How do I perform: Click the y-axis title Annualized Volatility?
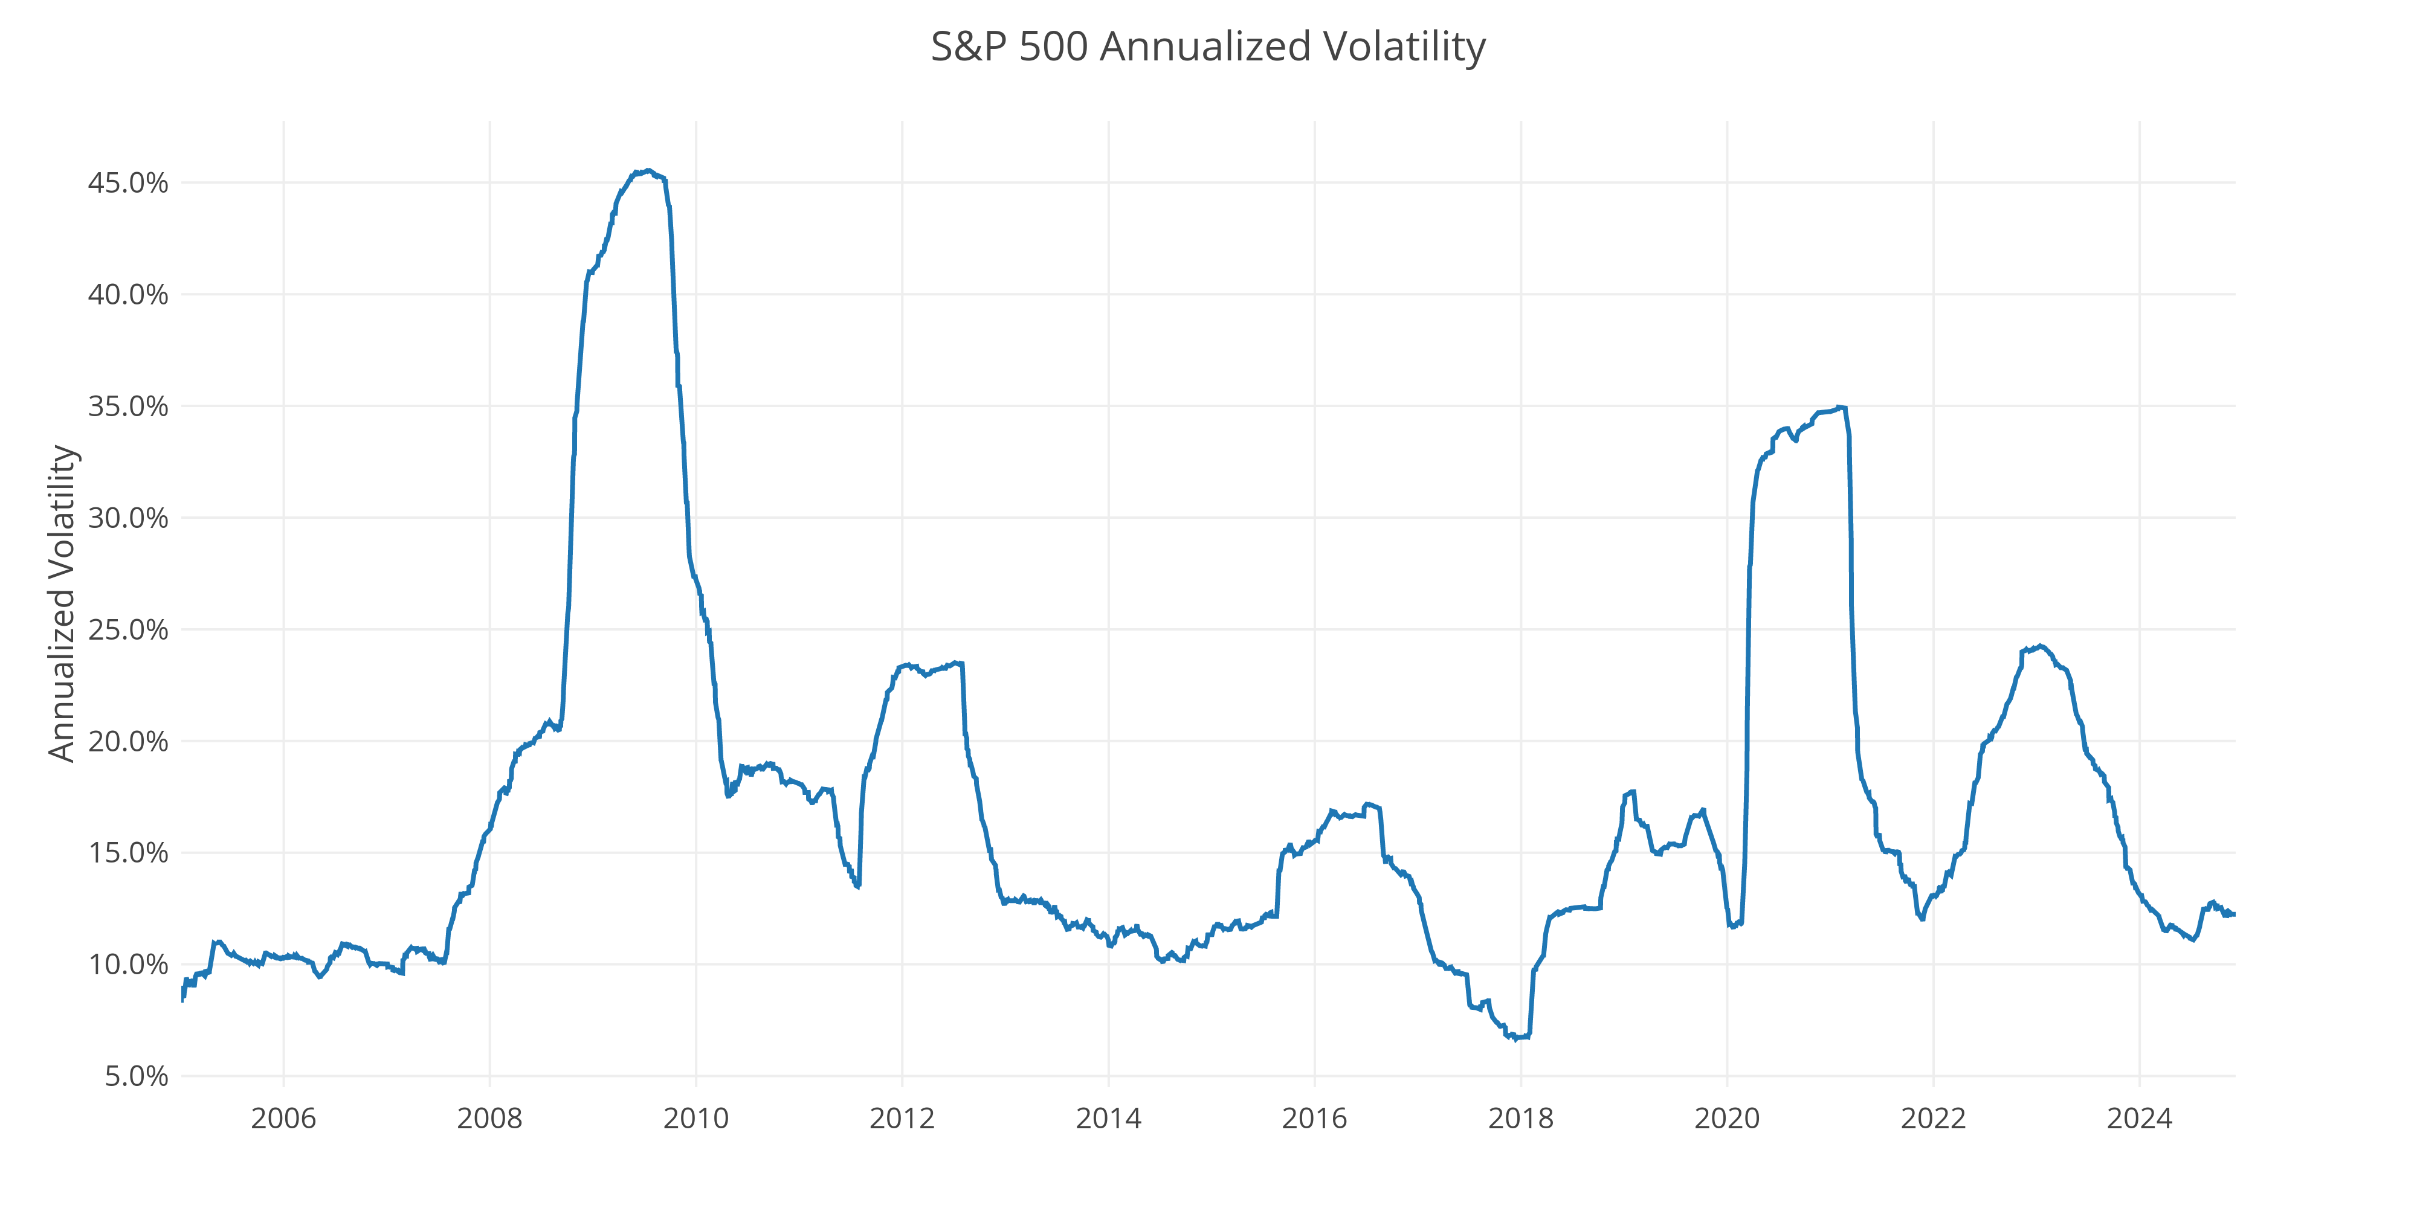(62, 603)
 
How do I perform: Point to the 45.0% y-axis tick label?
(127, 183)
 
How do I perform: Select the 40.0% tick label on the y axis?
(127, 295)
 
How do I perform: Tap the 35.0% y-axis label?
(127, 406)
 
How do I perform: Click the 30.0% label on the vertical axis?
(127, 518)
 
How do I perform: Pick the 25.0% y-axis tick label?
(127, 629)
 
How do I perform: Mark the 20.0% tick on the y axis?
(127, 741)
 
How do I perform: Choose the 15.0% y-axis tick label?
(127, 852)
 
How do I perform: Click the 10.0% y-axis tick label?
(127, 964)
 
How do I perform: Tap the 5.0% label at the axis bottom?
(136, 1076)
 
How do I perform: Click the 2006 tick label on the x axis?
(283, 1118)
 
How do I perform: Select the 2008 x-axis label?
(490, 1118)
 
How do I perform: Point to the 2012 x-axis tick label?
(902, 1118)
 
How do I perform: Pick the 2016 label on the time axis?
(1314, 1118)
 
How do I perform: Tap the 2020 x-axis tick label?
(1726, 1118)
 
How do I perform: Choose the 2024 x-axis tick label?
(2139, 1118)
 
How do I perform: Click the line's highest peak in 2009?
(648, 171)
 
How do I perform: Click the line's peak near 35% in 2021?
(1840, 407)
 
